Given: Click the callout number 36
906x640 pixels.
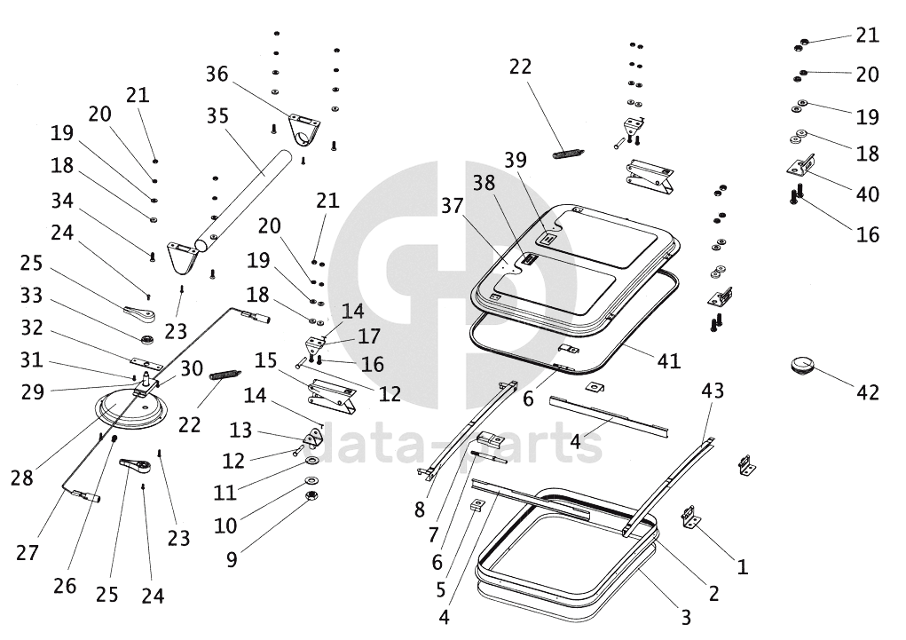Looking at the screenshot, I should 217,74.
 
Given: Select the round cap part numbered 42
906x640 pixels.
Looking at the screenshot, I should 804,366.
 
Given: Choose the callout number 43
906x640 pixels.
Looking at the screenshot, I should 713,390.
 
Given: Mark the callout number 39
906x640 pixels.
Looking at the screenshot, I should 540,160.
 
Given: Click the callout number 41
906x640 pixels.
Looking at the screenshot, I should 669,361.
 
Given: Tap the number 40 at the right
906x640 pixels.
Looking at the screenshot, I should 867,194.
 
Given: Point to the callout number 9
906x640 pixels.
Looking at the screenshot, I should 232,560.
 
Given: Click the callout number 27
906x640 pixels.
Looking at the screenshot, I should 28,552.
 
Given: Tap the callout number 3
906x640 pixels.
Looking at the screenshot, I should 685,615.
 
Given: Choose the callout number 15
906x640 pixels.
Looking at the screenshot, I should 266,360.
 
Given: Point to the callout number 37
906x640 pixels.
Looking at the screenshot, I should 453,207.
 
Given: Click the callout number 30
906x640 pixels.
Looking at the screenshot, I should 192,368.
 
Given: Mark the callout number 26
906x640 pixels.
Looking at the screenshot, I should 65,586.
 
